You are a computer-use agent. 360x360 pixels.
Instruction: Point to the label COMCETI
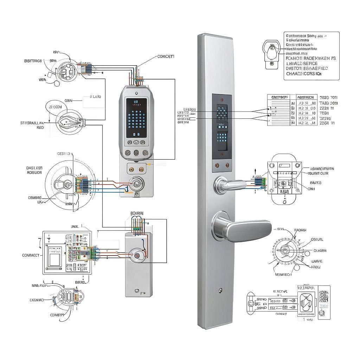(166, 56)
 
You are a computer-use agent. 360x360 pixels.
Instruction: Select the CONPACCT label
(31, 255)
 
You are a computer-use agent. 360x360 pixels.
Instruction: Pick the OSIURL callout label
(317, 239)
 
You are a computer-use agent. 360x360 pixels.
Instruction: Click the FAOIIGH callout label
(300, 230)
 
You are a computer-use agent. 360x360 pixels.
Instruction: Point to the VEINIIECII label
(283, 275)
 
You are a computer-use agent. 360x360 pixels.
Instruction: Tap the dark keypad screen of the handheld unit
(136, 118)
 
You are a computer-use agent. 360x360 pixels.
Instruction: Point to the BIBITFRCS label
(33, 61)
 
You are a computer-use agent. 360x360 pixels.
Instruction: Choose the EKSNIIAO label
(36, 300)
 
